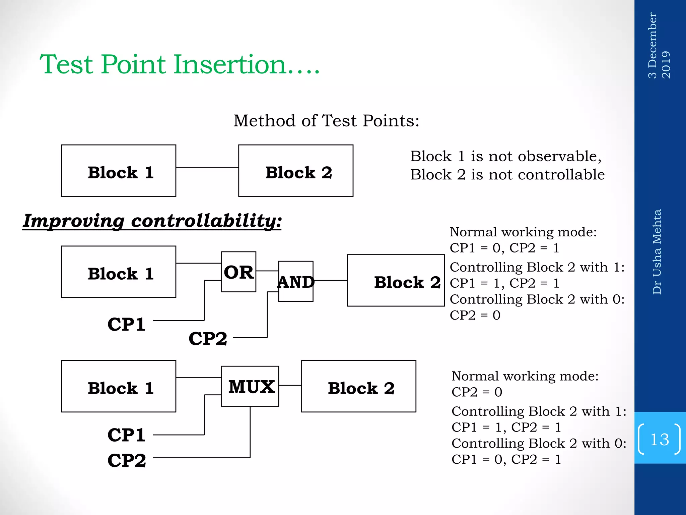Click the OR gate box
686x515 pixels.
(238, 272)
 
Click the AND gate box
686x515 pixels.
(295, 282)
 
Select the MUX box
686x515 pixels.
(250, 386)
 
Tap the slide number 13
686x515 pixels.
(659, 439)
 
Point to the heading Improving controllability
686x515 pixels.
(152, 221)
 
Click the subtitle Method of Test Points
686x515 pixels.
(326, 121)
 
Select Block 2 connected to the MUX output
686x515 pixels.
(358, 386)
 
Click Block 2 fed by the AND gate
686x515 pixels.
(396, 280)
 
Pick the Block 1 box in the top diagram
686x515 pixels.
(119, 171)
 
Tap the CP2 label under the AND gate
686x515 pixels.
(208, 338)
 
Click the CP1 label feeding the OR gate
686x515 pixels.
(126, 324)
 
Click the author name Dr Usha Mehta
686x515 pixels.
(657, 252)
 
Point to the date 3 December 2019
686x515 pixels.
(659, 45)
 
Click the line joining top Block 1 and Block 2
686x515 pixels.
(207, 168)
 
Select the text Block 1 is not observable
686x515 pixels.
(506, 157)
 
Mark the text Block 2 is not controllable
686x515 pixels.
(507, 175)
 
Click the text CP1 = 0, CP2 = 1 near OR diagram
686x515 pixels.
(504, 248)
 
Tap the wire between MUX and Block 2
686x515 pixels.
(290, 385)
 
